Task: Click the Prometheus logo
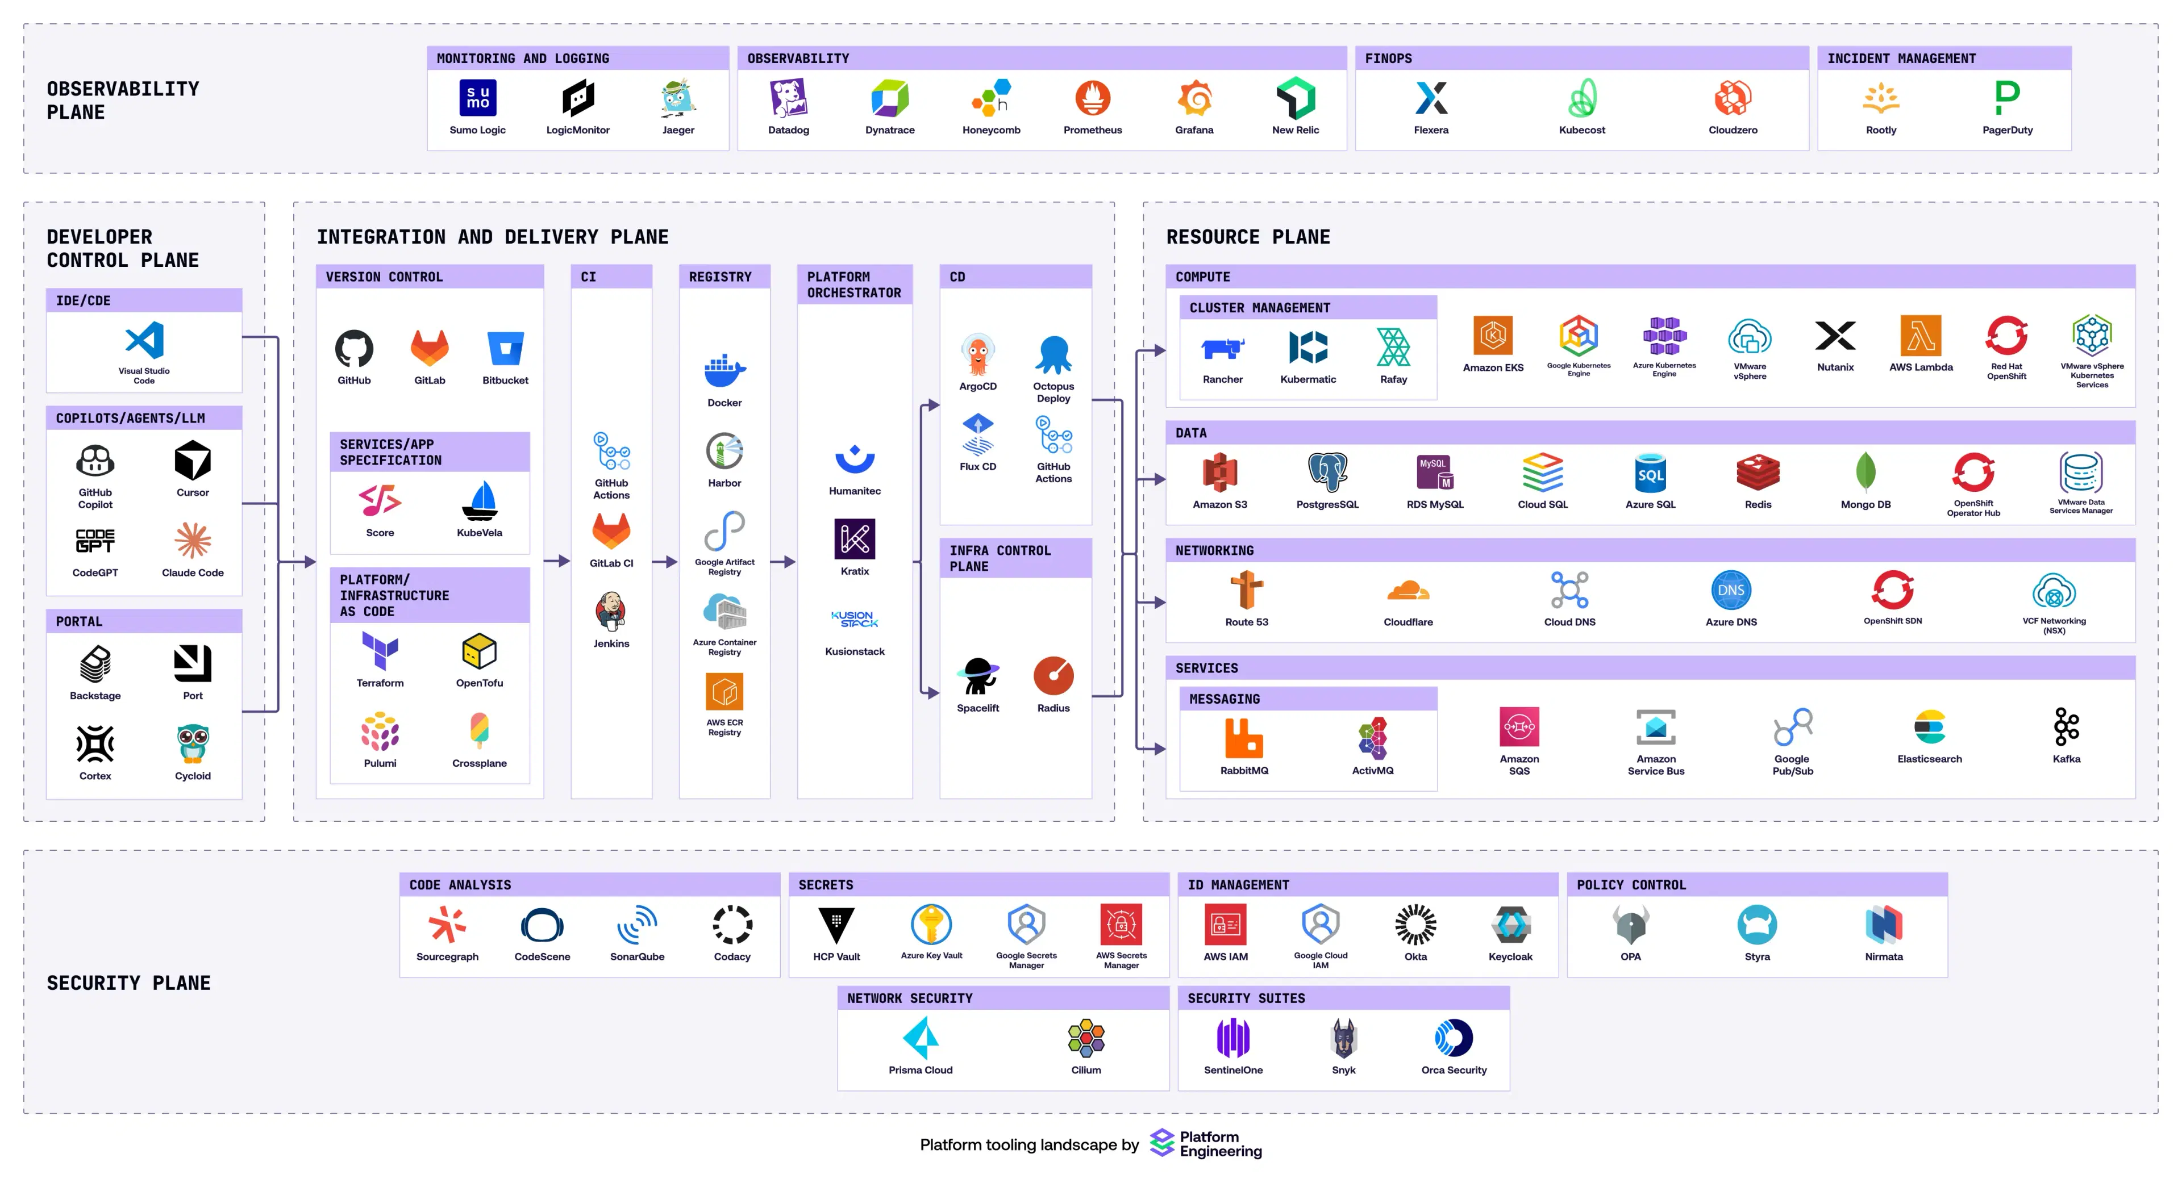point(1093,98)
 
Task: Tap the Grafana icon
point(1194,98)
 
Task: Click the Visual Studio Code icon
point(144,340)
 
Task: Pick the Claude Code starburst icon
point(193,540)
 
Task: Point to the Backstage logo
point(95,664)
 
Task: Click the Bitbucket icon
point(506,348)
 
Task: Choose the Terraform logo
point(380,651)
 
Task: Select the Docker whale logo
point(725,369)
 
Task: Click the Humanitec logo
point(855,459)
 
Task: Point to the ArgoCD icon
point(977,354)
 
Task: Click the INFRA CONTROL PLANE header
point(1000,558)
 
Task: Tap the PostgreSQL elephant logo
point(1327,473)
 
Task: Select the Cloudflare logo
point(1408,590)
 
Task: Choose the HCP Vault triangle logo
point(836,925)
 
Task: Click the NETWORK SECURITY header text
point(910,998)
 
